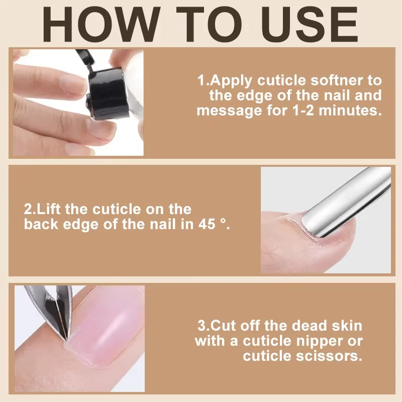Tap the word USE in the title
309,24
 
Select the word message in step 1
229,111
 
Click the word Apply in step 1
231,81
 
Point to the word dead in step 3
310,326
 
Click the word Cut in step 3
222,326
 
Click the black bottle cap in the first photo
107,93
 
